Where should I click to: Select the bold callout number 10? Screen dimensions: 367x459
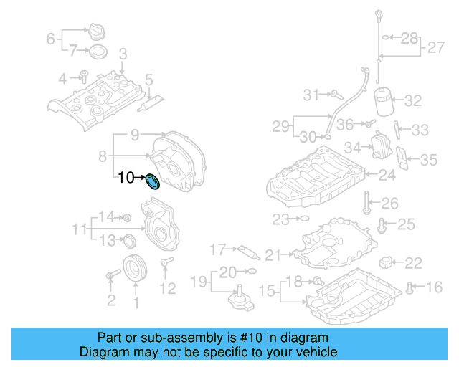tap(126, 178)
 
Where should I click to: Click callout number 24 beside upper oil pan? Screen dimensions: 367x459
tap(387, 174)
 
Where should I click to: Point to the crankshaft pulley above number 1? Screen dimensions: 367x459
tap(133, 270)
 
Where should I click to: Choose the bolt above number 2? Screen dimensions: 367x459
tap(112, 275)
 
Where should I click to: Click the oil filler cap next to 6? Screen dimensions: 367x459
tap(95, 34)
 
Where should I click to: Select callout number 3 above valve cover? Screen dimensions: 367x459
tap(123, 54)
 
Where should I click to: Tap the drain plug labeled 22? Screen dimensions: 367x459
tap(388, 261)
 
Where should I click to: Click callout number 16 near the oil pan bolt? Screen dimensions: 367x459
tap(435, 287)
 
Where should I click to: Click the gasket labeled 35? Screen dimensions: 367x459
tap(404, 161)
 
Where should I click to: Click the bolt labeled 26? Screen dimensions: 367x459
tap(366, 202)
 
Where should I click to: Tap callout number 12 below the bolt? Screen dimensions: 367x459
tap(166, 288)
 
